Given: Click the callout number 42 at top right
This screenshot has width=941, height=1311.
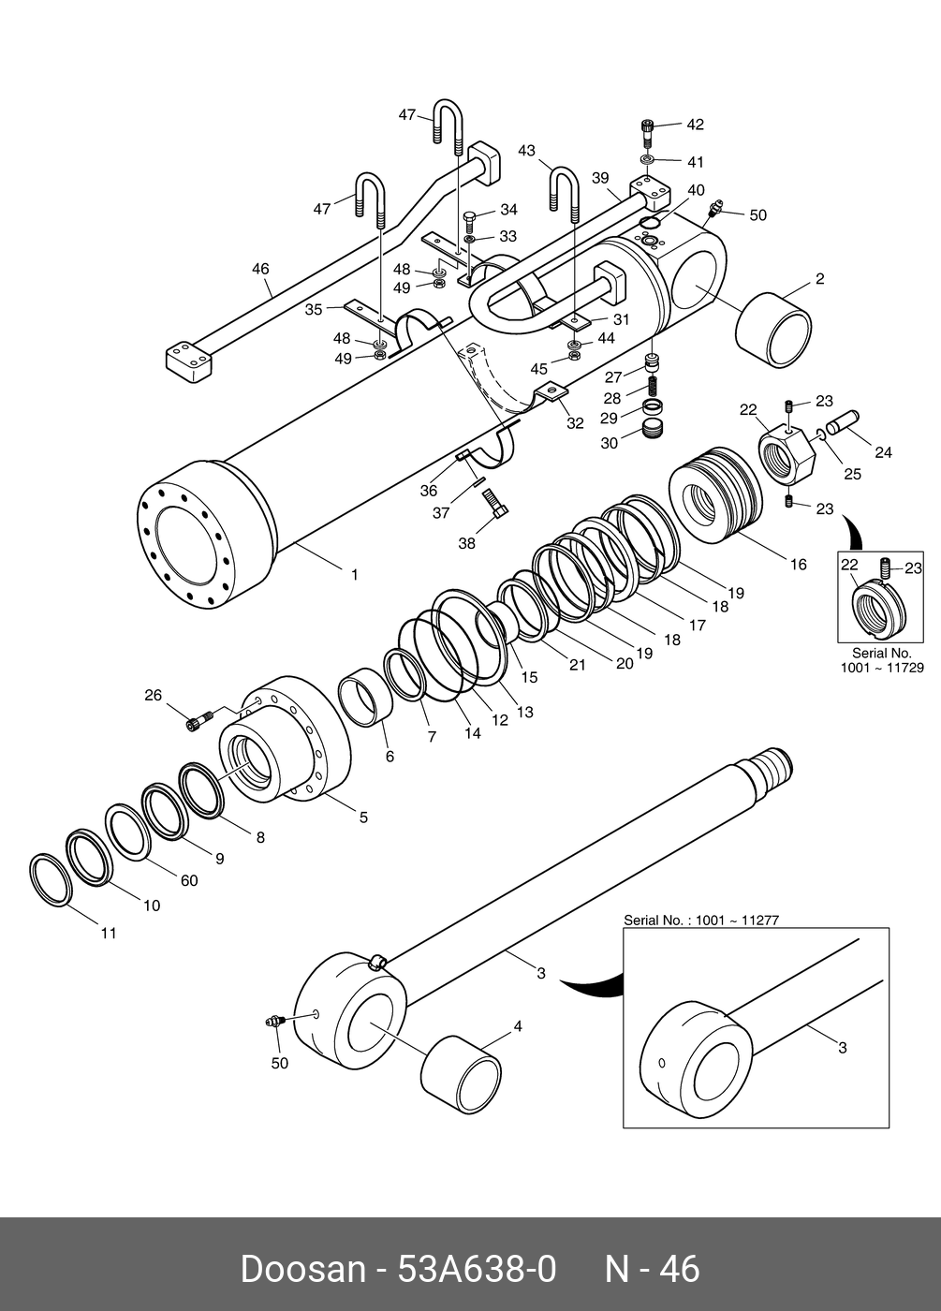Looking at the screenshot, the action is pyautogui.click(x=695, y=125).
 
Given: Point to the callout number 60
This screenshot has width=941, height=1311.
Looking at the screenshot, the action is pyautogui.click(x=189, y=880).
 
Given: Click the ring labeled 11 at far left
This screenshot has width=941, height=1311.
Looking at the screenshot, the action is pyautogui.click(x=51, y=880).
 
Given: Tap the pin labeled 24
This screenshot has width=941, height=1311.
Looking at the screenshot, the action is pyautogui.click(x=842, y=422).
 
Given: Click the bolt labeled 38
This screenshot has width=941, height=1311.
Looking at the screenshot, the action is pyautogui.click(x=495, y=503).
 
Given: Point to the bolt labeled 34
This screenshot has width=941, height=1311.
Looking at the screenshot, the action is pyautogui.click(x=469, y=223).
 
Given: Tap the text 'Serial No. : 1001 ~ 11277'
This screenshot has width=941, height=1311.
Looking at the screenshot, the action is pyautogui.click(x=701, y=920).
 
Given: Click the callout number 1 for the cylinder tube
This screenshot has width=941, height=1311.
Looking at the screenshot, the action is pyautogui.click(x=354, y=575).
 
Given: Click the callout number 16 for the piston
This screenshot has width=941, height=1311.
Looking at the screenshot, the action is pyautogui.click(x=798, y=564).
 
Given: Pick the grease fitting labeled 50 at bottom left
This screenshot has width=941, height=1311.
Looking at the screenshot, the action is pyautogui.click(x=273, y=1023).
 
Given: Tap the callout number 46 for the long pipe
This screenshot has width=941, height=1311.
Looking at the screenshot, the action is pyautogui.click(x=260, y=269).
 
